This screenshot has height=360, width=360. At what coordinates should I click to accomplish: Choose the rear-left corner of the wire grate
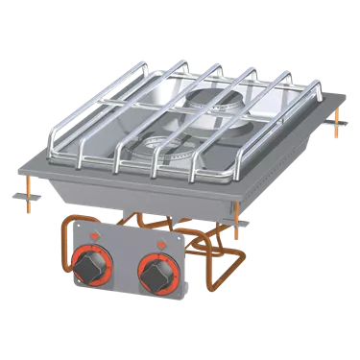coord(164,69)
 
